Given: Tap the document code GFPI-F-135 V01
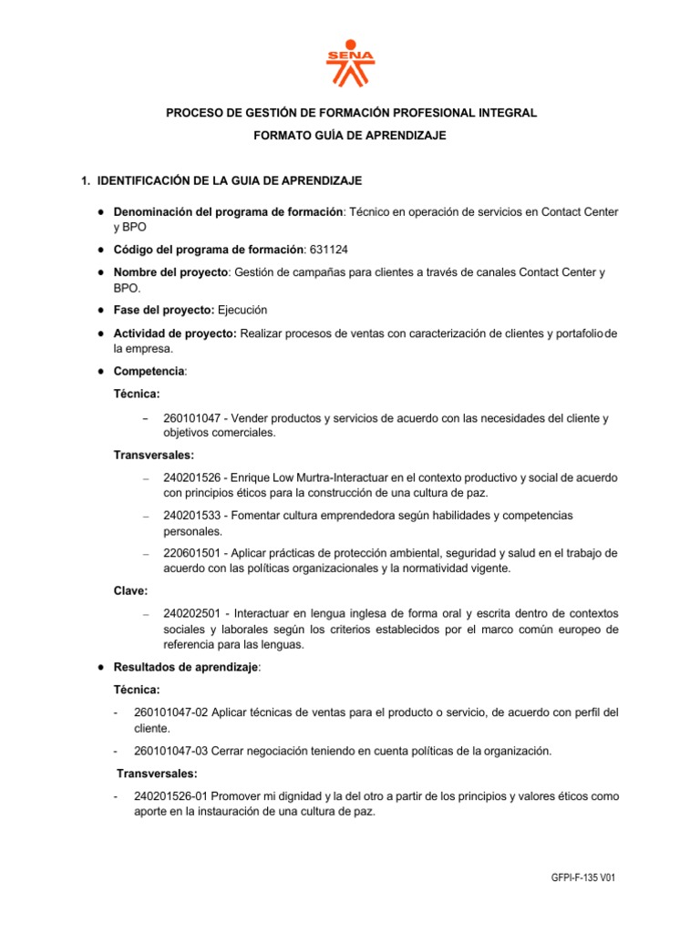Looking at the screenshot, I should [x=584, y=877].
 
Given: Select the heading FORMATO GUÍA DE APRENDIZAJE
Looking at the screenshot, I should [x=350, y=135].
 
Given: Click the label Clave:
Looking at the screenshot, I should [x=130, y=591].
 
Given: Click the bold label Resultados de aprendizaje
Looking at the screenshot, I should [x=186, y=667].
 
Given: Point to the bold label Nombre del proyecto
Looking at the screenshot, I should [x=171, y=272].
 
